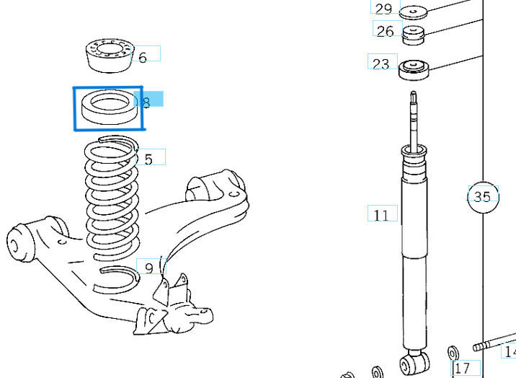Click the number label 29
pyautogui.click(x=383, y=9)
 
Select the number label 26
pyautogui.click(x=386, y=30)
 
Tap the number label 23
pyautogui.click(x=381, y=63)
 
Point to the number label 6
pyautogui.click(x=143, y=56)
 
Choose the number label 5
pyautogui.click(x=148, y=159)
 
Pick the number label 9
pyautogui.click(x=148, y=268)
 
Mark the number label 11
pyautogui.click(x=381, y=214)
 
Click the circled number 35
pyautogui.click(x=482, y=196)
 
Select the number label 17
pyautogui.click(x=463, y=367)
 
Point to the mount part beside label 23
pyautogui.click(x=414, y=70)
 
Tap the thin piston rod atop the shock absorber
pyautogui.click(x=414, y=119)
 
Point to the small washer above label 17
pyautogui.click(x=454, y=353)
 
